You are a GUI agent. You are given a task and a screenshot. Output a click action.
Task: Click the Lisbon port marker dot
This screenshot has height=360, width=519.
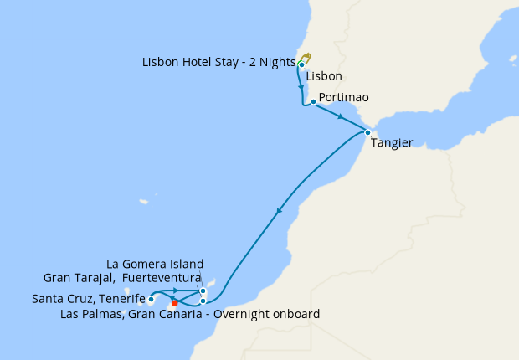[x=301, y=64]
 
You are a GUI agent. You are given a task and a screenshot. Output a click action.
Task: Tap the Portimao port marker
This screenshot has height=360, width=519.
[x=312, y=102]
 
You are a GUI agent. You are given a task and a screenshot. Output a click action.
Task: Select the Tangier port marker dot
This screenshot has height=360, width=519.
[x=367, y=132]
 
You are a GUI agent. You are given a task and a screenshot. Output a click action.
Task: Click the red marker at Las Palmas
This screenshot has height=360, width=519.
[x=174, y=303]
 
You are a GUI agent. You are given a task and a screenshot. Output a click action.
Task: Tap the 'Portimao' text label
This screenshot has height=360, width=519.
[x=343, y=97]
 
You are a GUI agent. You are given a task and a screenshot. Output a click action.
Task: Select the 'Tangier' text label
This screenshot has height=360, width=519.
[x=391, y=143]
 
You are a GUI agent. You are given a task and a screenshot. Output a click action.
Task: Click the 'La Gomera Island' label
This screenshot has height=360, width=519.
[x=156, y=264]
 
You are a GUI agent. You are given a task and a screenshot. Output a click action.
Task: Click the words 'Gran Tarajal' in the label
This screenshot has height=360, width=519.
[x=77, y=278]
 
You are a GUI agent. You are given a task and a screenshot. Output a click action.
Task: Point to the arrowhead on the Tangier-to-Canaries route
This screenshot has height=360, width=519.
[x=279, y=213]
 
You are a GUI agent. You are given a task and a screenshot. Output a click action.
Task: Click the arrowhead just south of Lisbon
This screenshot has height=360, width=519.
[x=300, y=86]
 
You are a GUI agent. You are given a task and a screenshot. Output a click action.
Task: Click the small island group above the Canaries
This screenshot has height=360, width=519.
[x=144, y=202]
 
